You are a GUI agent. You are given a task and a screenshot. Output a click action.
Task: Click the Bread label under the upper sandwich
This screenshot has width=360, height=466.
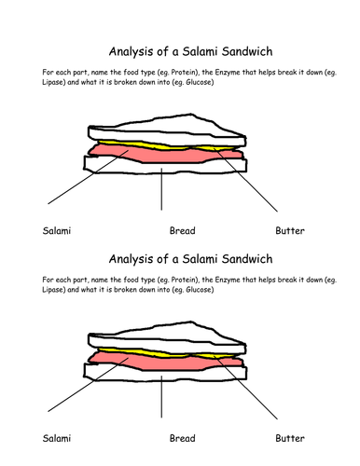182,230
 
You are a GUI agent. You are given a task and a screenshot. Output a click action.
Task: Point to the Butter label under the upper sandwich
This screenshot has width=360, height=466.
290,230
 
